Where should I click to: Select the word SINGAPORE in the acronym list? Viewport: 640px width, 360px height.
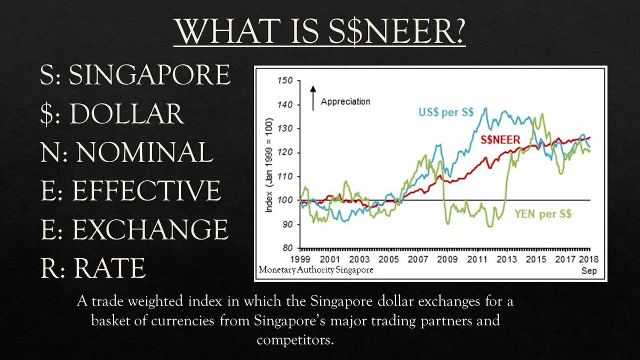(x=150, y=76)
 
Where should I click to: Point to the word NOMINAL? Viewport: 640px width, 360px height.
(x=145, y=153)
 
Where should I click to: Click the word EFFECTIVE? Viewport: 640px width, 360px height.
(x=146, y=191)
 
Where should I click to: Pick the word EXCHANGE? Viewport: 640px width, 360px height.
(x=150, y=229)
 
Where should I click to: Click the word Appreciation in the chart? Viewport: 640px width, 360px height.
(x=345, y=101)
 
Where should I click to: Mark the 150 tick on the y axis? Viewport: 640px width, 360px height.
(x=287, y=81)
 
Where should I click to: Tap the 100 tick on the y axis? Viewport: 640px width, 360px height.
(x=287, y=201)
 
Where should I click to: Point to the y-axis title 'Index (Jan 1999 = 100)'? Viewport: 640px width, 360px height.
(x=269, y=165)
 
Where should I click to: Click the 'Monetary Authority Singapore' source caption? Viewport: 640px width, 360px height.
(x=316, y=270)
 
